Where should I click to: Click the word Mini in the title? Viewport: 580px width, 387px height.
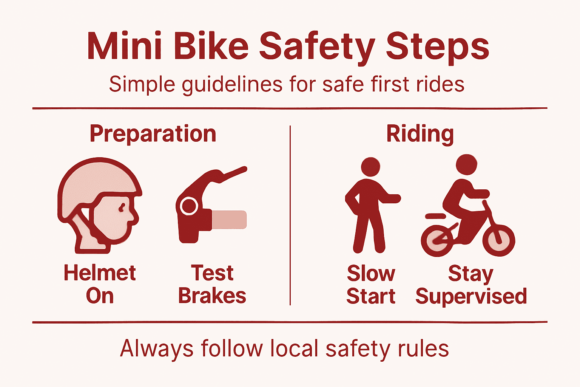(125, 46)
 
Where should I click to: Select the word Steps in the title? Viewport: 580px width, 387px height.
(437, 46)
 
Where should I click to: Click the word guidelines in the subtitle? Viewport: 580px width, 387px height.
(232, 84)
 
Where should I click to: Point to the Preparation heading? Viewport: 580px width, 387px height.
(153, 134)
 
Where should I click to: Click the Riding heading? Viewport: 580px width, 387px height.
(420, 134)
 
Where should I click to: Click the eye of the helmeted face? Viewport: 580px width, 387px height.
(122, 207)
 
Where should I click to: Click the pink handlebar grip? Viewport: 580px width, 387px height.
(229, 220)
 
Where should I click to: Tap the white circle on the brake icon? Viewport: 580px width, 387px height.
(188, 206)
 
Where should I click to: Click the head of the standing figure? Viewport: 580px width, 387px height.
(370, 167)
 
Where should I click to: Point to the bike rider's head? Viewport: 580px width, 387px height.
(467, 164)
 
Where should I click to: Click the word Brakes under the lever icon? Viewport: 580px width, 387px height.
(212, 296)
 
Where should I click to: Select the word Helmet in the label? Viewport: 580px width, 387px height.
(100, 273)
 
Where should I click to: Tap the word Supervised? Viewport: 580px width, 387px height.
(471, 296)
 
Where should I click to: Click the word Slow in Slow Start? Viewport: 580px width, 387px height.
(371, 273)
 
